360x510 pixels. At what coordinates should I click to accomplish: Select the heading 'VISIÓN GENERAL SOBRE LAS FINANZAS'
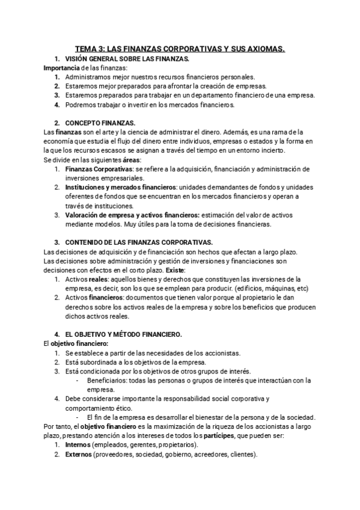127,58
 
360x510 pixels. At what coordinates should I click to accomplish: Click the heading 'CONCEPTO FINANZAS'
101,123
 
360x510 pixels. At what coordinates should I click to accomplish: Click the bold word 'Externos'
78,454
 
